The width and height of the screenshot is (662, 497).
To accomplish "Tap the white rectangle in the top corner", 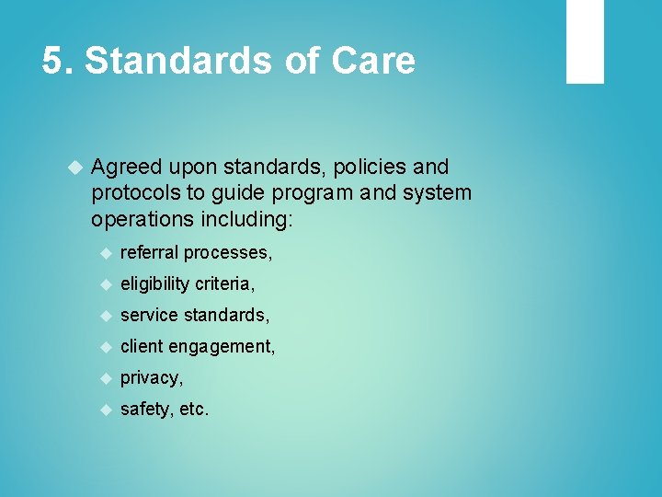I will tap(585, 41).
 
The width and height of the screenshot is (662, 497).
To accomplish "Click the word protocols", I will tap(131, 193).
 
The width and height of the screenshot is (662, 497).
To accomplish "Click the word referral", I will tap(150, 252).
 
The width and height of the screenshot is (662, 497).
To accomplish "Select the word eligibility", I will tap(155, 283).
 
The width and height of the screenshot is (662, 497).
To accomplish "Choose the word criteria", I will tap(225, 283).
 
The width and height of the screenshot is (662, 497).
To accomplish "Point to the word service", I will tap(149, 315).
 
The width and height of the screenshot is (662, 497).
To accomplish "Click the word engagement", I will tap(227, 347).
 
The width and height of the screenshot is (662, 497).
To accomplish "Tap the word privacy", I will tap(152, 378).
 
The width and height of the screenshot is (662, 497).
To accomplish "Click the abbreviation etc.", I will tap(194, 410).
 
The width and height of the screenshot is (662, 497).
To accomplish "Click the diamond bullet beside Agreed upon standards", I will tap(74, 168).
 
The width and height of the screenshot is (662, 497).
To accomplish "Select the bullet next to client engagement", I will tap(106, 347).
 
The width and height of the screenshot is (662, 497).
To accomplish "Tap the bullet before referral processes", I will tap(106, 252).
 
